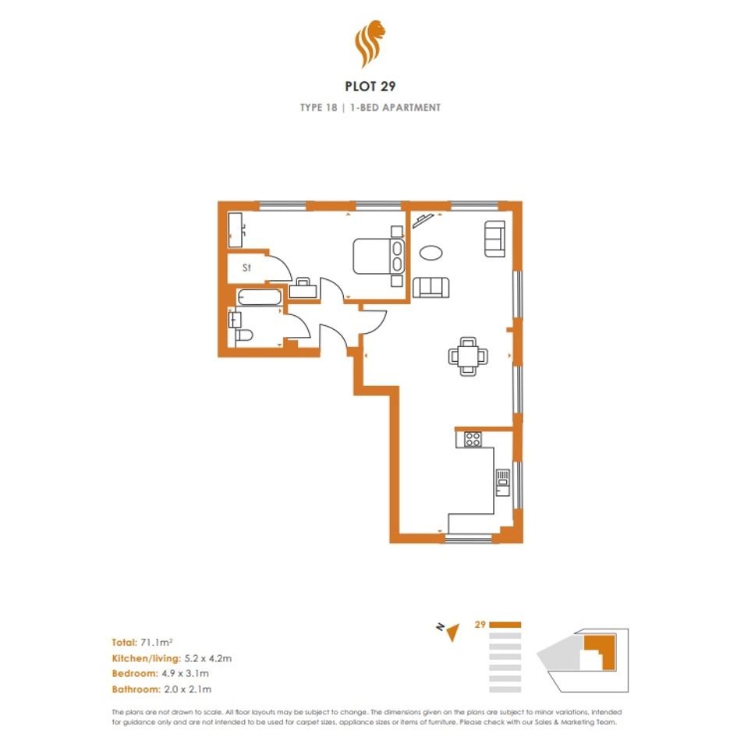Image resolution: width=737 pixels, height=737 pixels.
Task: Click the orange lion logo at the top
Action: (370, 43)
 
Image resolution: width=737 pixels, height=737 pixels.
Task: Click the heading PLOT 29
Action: (370, 87)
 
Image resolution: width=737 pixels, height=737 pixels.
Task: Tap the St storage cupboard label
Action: (246, 268)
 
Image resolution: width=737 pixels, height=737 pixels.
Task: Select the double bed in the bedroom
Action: (378, 256)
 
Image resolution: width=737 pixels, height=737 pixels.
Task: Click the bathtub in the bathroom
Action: (260, 297)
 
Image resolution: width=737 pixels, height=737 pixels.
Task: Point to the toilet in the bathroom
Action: (243, 335)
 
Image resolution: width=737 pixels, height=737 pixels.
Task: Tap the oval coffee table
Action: (431, 253)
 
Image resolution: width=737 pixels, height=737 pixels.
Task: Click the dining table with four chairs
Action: (468, 356)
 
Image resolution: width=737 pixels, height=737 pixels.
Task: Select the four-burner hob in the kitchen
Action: (473, 440)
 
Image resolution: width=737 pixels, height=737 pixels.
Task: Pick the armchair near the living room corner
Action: (494, 239)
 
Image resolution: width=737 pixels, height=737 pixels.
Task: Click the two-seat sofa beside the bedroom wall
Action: (431, 287)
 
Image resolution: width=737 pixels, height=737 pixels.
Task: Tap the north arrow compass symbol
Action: (448, 631)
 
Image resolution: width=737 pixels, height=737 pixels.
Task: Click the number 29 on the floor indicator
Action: (480, 625)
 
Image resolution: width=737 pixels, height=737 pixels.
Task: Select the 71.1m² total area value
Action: (157, 642)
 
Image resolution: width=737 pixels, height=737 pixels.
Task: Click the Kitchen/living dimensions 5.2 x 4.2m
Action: (208, 658)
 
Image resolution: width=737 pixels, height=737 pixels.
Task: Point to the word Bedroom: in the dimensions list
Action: (135, 674)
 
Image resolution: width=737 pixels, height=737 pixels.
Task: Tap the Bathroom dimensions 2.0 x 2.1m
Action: (187, 689)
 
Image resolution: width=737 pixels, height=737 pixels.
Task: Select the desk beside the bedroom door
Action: (303, 289)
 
